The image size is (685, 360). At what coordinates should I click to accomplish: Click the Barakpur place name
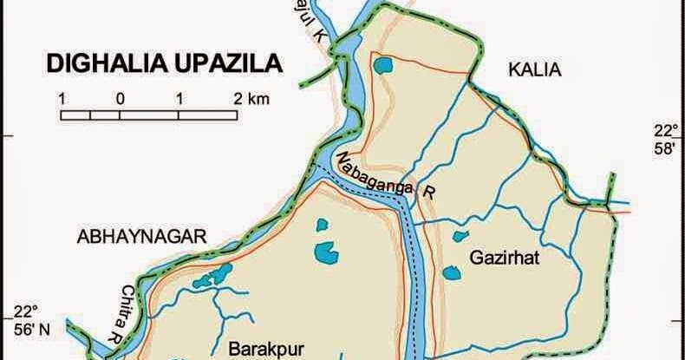tap(258, 349)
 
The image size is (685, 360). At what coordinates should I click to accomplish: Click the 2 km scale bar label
tap(252, 98)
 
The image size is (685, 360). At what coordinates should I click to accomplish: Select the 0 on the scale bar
tap(121, 98)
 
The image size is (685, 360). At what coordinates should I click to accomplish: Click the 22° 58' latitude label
tap(664, 140)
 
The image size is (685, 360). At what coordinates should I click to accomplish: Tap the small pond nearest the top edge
tap(382, 65)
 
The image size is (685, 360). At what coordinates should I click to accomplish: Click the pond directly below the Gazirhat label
tap(451, 273)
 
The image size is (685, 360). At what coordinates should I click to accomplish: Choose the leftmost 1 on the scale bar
tap(62, 98)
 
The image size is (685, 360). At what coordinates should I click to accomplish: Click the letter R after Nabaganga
tap(426, 193)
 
